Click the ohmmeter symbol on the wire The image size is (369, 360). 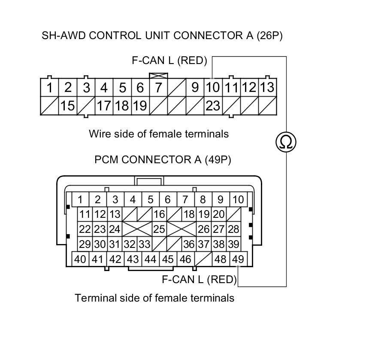[286, 142]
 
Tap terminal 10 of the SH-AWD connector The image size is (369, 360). [212, 88]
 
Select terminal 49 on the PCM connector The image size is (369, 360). [237, 259]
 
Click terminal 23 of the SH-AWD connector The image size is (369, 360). [212, 106]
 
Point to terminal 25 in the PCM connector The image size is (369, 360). [159, 229]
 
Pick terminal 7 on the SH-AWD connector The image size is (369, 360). [158, 88]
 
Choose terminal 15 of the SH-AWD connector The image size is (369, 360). [67, 106]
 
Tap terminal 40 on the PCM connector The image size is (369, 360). [80, 259]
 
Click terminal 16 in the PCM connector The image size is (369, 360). [159, 214]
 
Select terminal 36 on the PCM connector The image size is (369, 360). [188, 244]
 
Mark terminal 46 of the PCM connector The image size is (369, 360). [185, 259]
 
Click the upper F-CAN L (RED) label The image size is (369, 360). [169, 61]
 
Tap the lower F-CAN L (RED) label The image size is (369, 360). [199, 280]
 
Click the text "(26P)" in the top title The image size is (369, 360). [269, 35]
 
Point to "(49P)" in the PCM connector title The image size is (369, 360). [218, 160]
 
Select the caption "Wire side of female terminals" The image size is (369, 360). [159, 134]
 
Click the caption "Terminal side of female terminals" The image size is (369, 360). [154, 298]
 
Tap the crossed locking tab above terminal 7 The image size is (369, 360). [155, 76]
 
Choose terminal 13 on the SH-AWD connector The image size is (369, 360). [267, 88]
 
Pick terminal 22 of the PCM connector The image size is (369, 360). [85, 229]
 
